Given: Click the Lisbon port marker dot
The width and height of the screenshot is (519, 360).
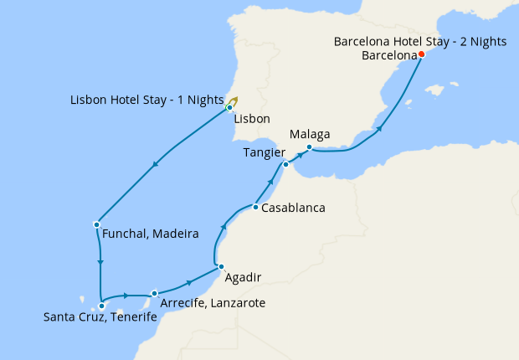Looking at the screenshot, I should click(229, 108).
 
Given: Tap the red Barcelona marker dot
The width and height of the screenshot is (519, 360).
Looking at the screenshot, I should click(421, 54).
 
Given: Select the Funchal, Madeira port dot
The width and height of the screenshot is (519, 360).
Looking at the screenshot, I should click(97, 224).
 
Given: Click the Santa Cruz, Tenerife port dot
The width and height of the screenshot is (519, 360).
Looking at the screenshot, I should click(101, 306).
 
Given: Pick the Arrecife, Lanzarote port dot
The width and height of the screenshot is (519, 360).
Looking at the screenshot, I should click(155, 294).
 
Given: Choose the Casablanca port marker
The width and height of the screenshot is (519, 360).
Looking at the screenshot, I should click(254, 207).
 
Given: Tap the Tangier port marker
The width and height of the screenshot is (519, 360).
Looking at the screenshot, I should click(285, 164).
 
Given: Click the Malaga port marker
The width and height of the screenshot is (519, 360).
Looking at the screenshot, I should click(309, 148).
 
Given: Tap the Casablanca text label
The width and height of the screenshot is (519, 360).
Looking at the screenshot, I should click(293, 208).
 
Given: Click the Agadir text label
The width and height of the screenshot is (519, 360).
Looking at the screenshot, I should click(243, 277).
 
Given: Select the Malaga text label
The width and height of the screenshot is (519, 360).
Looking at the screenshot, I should click(309, 135).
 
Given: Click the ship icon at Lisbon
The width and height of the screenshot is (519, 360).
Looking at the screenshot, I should click(234, 102).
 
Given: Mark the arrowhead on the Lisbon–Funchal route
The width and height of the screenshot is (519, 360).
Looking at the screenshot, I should click(156, 168).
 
